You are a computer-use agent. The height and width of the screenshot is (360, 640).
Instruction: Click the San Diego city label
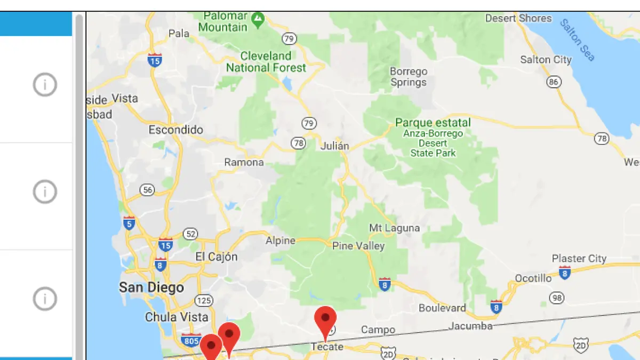151,288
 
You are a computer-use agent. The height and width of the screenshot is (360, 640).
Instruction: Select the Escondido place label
175,130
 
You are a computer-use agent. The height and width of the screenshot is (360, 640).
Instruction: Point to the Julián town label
335,146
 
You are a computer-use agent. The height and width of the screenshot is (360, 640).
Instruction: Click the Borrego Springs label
409,77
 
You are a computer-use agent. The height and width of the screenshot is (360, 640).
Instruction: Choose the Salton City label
546,60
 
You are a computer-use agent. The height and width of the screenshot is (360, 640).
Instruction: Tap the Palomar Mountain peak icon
259,20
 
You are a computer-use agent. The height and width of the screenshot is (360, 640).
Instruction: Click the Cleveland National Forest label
266,62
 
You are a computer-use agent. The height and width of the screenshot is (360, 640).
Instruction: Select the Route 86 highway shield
554,82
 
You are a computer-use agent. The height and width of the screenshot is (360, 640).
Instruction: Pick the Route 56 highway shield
148,189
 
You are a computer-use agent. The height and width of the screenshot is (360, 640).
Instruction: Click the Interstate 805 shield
190,340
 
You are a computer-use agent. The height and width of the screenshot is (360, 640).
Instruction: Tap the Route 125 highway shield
203,301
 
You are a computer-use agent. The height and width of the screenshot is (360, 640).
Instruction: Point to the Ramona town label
244,162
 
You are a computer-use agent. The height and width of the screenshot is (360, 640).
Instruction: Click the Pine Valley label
358,246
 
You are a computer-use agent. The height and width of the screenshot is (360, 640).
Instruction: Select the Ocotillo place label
533,278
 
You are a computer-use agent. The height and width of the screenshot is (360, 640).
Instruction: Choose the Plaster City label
579,259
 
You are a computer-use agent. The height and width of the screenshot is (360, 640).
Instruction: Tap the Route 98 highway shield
557,298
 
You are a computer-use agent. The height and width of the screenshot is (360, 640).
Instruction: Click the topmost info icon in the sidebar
45,84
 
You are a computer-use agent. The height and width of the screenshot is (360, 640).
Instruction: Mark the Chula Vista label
177,317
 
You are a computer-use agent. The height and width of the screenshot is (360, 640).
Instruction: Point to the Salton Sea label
577,40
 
